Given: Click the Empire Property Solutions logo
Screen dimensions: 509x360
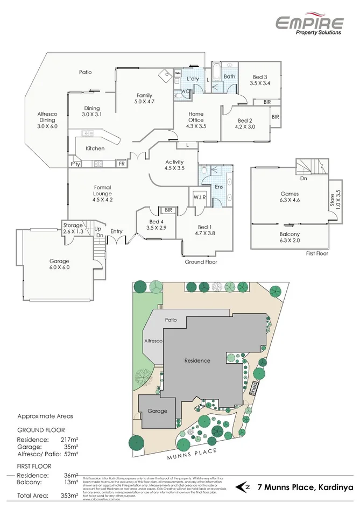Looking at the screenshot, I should (309, 25).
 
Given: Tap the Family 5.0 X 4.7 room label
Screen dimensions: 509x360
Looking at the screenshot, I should (144, 98).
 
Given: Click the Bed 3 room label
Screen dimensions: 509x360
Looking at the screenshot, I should (260, 80).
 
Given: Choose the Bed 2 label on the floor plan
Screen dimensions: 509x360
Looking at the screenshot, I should (245, 124).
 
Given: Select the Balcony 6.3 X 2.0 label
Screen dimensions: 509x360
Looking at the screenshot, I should (290, 237).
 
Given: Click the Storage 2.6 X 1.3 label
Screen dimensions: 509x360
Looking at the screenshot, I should (73, 228).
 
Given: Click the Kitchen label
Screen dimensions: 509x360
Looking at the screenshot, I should (95, 149).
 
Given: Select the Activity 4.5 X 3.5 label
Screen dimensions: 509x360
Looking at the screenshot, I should (174, 165).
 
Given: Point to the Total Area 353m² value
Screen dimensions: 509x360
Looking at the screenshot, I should (70, 495).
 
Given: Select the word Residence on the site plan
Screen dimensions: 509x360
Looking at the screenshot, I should (197, 360).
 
